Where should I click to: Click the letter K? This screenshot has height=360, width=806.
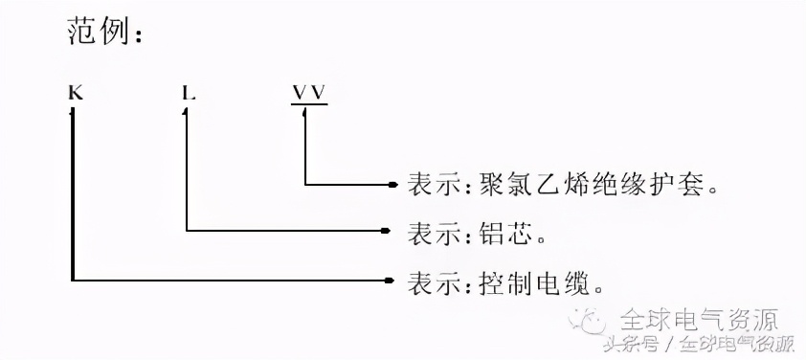coord(74,94)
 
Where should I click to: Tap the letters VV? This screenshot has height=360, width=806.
coord(308,93)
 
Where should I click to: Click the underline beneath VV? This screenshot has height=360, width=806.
coord(308,103)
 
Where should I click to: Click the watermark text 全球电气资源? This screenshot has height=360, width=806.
coord(700,318)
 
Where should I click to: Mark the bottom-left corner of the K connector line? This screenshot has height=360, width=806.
coord(74,281)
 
